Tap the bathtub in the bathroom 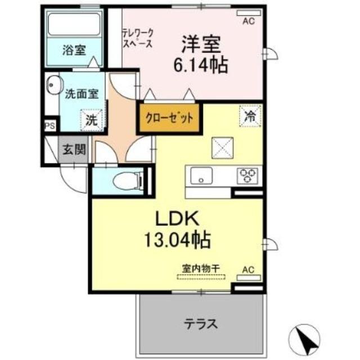pyautogui.click(x=74, y=23)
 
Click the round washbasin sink pyautogui.click(x=53, y=86)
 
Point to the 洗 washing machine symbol pyautogui.click(x=91, y=119)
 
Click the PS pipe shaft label pyautogui.click(x=49, y=126)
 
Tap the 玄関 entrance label pyautogui.click(x=74, y=150)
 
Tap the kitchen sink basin pyautogui.click(x=200, y=175)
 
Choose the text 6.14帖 pyautogui.click(x=200, y=66)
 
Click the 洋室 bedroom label pyautogui.click(x=200, y=44)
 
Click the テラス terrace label pyautogui.click(x=200, y=324)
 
